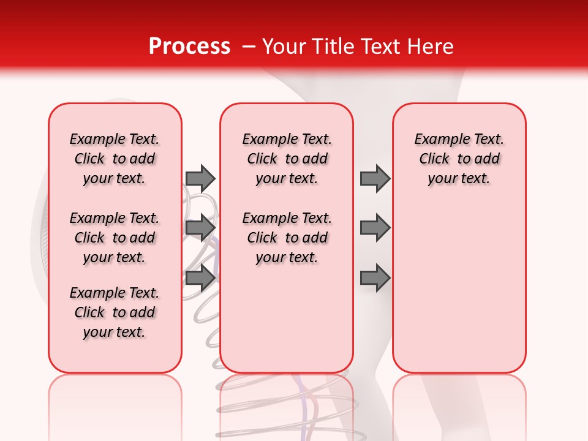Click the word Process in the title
point(189,47)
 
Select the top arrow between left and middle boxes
point(200,178)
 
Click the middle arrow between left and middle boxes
point(200,228)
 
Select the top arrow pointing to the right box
point(375,178)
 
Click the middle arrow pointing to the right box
point(375,228)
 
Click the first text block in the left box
point(115,159)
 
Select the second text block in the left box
point(115,238)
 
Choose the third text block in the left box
point(115,312)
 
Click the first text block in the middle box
point(287,159)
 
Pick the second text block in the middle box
point(287,238)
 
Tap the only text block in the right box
point(459,159)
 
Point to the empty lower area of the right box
point(459,288)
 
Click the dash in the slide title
point(249,47)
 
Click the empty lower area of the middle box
point(287,318)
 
